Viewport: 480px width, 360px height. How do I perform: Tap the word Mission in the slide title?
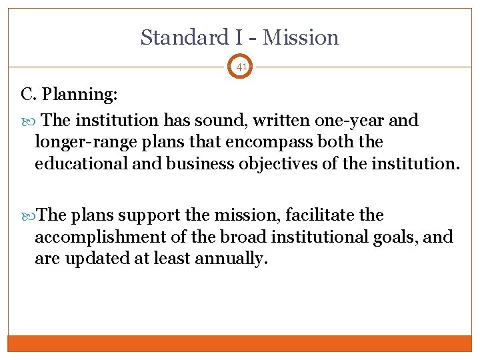click(x=301, y=37)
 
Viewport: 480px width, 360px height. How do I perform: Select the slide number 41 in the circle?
click(x=241, y=67)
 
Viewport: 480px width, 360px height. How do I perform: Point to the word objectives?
click(x=285, y=163)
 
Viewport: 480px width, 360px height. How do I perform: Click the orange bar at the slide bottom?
click(x=240, y=343)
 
